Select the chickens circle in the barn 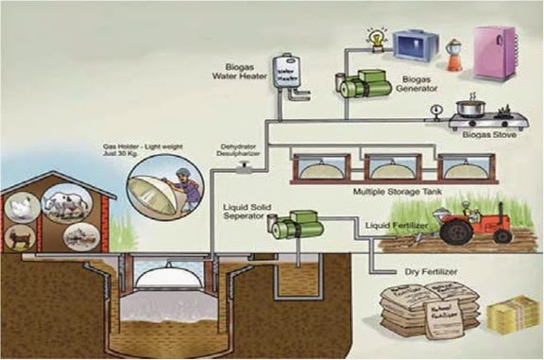pyautogui.click(x=20, y=204)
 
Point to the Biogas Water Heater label pyautogui.click(x=244, y=74)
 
